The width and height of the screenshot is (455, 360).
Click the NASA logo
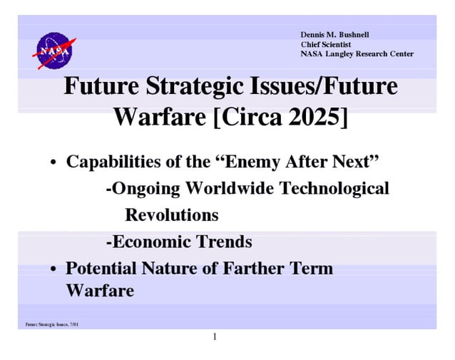(x=53, y=51)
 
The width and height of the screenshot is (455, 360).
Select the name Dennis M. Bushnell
(x=334, y=35)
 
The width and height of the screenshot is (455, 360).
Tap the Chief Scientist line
(x=326, y=45)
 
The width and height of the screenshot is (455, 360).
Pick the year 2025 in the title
(x=315, y=116)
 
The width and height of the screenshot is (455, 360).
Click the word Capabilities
(x=115, y=161)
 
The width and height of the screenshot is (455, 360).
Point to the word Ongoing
(x=144, y=188)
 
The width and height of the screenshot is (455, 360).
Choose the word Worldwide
(x=230, y=188)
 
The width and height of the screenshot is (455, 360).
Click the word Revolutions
(x=172, y=215)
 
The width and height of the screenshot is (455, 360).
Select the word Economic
(x=148, y=242)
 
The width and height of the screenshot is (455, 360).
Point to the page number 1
(x=214, y=336)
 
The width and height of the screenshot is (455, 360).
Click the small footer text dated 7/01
(x=52, y=325)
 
